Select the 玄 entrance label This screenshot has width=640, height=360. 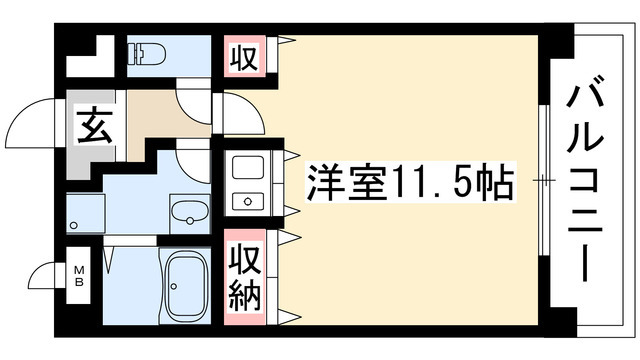[x=93, y=129]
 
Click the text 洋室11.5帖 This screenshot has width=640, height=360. [x=411, y=183]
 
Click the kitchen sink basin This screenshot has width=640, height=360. [x=245, y=167]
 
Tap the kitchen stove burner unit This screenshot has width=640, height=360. [x=245, y=201]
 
